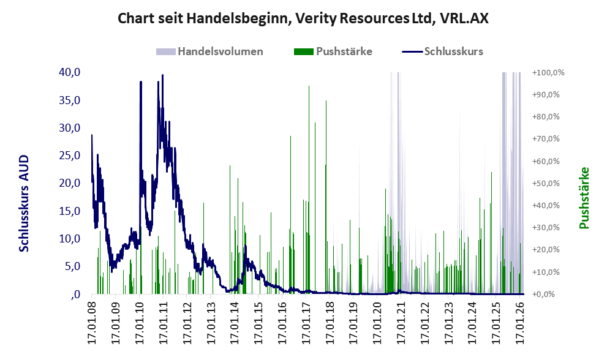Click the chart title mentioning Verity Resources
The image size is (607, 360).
point(303,18)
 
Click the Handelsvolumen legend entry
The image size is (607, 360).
point(209,51)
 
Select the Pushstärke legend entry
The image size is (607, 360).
point(333,51)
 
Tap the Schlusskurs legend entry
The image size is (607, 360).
point(442,51)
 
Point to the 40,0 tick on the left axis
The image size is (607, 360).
point(69,72)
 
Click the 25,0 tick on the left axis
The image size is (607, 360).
point(69,156)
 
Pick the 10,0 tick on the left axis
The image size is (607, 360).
point(69,238)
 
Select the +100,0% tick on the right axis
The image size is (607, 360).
point(548,72)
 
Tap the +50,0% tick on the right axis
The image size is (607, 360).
point(546,183)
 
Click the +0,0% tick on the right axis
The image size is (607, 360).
point(543,294)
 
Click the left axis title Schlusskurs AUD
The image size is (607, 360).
point(24,203)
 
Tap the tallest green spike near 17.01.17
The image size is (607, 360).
point(309,190)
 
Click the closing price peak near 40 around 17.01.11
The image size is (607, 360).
point(162,75)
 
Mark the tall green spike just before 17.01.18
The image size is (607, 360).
point(326,197)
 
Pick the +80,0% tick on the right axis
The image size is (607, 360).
point(546,116)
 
